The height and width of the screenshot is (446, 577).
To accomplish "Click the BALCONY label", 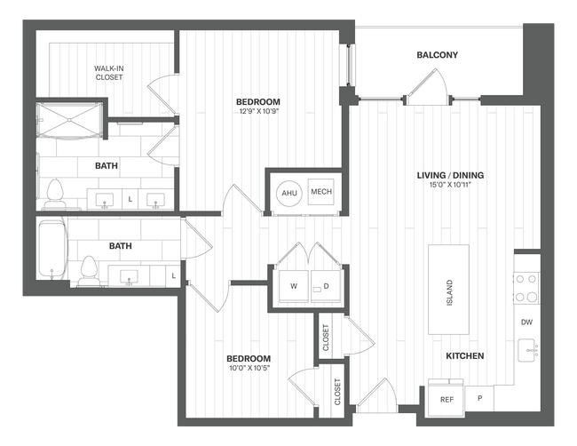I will click(x=437, y=55).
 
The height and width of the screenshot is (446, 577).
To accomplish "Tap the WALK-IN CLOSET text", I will click(x=109, y=72).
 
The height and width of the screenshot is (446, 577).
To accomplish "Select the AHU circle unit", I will click(x=289, y=193).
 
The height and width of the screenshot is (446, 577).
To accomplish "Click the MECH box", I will click(x=320, y=193).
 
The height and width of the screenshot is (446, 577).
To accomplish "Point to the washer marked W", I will click(x=294, y=286).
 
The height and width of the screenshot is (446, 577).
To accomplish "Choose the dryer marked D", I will click(x=326, y=286).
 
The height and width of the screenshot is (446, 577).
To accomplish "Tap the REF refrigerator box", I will click(x=447, y=399).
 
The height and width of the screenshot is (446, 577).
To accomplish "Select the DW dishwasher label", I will click(x=526, y=323).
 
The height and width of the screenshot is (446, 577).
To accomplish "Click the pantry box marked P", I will click(x=479, y=399).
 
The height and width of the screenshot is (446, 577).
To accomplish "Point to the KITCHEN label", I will click(x=464, y=356).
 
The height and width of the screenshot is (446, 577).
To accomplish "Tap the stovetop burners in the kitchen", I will click(x=526, y=287).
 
